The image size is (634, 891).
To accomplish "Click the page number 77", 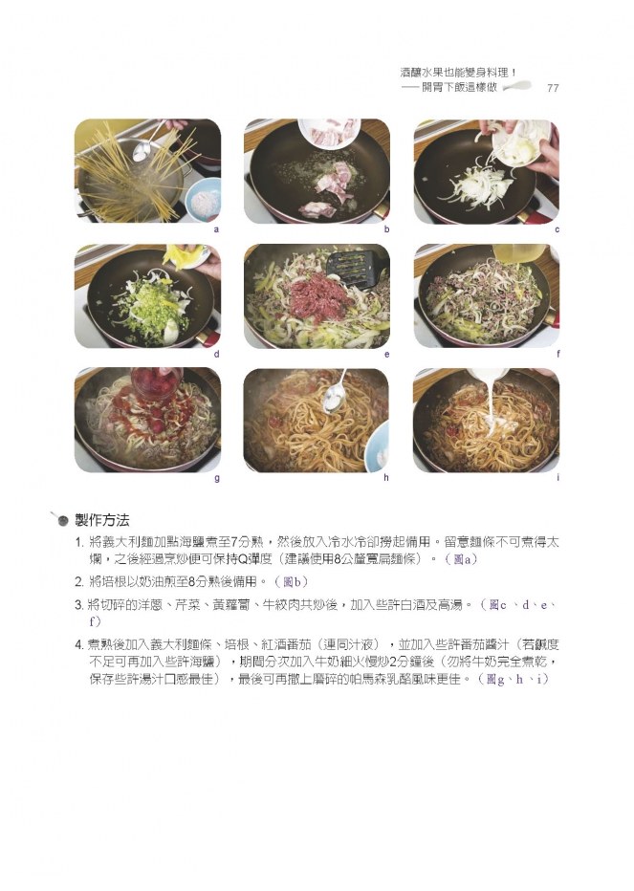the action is click(552, 88).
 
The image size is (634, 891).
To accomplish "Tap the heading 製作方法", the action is click(102, 520).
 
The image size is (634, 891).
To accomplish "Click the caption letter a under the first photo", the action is click(216, 229).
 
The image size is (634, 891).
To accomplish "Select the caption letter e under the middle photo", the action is click(386, 354).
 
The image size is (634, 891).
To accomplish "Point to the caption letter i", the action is click(557, 477).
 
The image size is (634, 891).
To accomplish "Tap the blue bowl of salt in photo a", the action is click(203, 200).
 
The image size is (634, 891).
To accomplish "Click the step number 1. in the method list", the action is click(80, 542).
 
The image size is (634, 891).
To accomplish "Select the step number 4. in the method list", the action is click(80, 645).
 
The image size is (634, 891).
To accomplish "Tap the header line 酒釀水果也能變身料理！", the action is click(458, 73).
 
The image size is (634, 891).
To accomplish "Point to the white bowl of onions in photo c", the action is click(521, 141).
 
